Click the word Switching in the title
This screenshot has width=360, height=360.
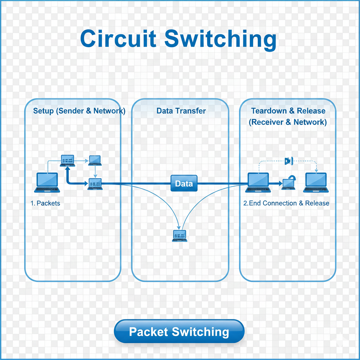(x=220, y=39)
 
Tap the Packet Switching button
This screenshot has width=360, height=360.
(x=179, y=332)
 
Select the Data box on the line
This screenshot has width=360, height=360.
(x=184, y=183)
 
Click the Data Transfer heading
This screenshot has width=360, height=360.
(x=181, y=111)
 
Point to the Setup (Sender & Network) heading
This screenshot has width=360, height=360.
(x=79, y=111)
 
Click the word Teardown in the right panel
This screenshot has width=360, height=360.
(x=269, y=111)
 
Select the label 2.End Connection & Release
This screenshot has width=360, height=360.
(x=286, y=203)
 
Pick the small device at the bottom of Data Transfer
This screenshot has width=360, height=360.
(x=179, y=236)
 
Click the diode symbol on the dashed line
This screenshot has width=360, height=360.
(x=288, y=161)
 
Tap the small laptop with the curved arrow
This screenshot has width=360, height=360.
(x=288, y=184)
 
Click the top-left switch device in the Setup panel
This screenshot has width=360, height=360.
(x=67, y=160)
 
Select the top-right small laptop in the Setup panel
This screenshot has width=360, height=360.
(x=95, y=160)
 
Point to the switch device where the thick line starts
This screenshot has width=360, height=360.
(x=95, y=184)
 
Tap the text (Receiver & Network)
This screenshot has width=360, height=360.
(x=288, y=122)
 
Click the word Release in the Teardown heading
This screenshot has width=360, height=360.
(x=311, y=111)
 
